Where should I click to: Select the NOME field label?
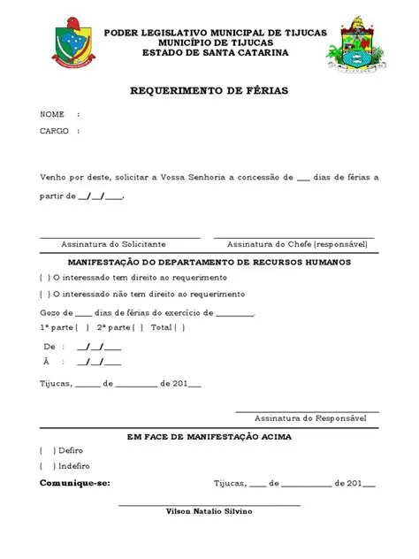pos(52,115)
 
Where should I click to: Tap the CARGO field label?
pos(54,131)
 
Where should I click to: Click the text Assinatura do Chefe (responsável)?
pos(297,244)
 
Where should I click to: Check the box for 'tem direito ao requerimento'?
pos(45,278)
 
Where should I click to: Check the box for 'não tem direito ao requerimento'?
pos(45,294)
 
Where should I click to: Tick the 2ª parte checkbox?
pos(137,327)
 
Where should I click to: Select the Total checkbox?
pos(179,327)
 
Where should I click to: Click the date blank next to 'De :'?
pos(99,347)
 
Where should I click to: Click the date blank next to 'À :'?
pos(99,363)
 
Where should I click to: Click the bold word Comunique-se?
pos(75,484)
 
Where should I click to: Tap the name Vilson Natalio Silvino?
pos(209,511)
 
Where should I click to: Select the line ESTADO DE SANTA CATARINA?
pos(215,52)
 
